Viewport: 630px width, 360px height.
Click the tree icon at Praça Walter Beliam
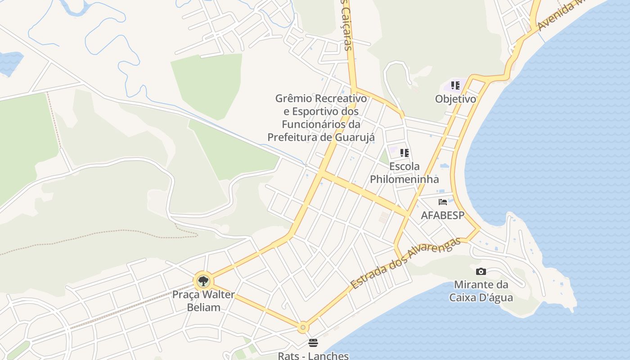pyautogui.click(x=203, y=281)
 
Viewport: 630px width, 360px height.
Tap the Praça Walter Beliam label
pyautogui.click(x=203, y=301)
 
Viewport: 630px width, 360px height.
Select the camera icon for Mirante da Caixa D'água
pyautogui.click(x=481, y=271)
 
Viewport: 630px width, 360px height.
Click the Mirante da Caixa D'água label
pyautogui.click(x=481, y=291)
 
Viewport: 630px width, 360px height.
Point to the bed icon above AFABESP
pyautogui.click(x=443, y=202)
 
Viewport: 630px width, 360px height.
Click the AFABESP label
pyautogui.click(x=442, y=216)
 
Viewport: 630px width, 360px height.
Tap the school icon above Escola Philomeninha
pyautogui.click(x=404, y=153)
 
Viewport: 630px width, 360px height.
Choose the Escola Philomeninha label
pyautogui.click(x=404, y=173)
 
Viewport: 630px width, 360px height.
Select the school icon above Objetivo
pyautogui.click(x=455, y=85)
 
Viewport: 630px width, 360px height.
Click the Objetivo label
pyautogui.click(x=455, y=99)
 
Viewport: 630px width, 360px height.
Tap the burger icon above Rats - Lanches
pyautogui.click(x=313, y=343)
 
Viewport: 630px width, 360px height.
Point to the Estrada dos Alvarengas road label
pyautogui.click(x=405, y=263)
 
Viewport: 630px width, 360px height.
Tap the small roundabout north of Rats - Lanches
pyautogui.click(x=303, y=327)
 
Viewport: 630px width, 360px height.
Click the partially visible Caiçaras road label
pyautogui.click(x=346, y=25)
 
